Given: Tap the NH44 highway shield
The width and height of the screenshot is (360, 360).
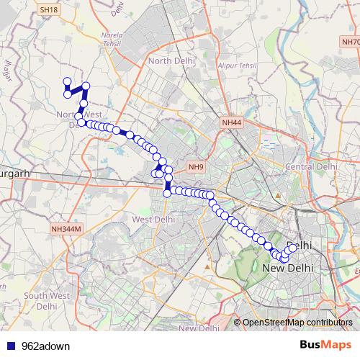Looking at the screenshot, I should (x=233, y=123).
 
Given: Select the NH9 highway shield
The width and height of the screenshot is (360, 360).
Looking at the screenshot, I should (x=196, y=167).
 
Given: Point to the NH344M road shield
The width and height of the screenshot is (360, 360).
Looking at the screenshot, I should (x=67, y=228).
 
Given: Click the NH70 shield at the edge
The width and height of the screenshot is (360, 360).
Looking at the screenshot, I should (x=350, y=42).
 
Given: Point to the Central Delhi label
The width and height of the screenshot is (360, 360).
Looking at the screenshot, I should (x=311, y=166).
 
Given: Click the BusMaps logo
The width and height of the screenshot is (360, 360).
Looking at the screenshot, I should (x=320, y=344).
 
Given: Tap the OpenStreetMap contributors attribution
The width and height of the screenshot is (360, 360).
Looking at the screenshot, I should (x=297, y=322).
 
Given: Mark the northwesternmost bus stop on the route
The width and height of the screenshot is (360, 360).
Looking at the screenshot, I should (x=67, y=82).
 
